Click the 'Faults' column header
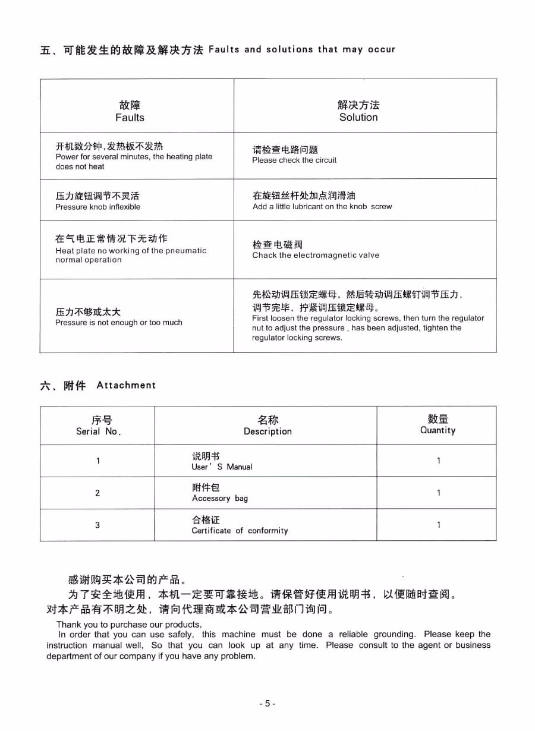tap(130, 118)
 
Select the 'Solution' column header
tap(358, 118)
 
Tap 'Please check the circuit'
tap(294, 160)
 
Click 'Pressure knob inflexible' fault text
tap(98, 207)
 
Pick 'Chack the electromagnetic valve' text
tap(316, 256)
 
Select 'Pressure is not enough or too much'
tap(119, 323)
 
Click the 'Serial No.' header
tap(98, 431)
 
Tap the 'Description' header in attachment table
tap(267, 431)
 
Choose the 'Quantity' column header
tap(438, 430)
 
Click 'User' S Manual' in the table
tap(222, 467)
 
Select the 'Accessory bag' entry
tap(220, 499)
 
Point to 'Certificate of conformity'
tap(240, 531)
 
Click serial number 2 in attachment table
tap(97, 493)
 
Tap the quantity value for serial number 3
tap(439, 525)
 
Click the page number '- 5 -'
tap(267, 704)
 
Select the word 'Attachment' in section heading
tap(126, 386)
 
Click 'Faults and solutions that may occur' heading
tap(302, 50)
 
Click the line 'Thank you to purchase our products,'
tap(129, 625)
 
